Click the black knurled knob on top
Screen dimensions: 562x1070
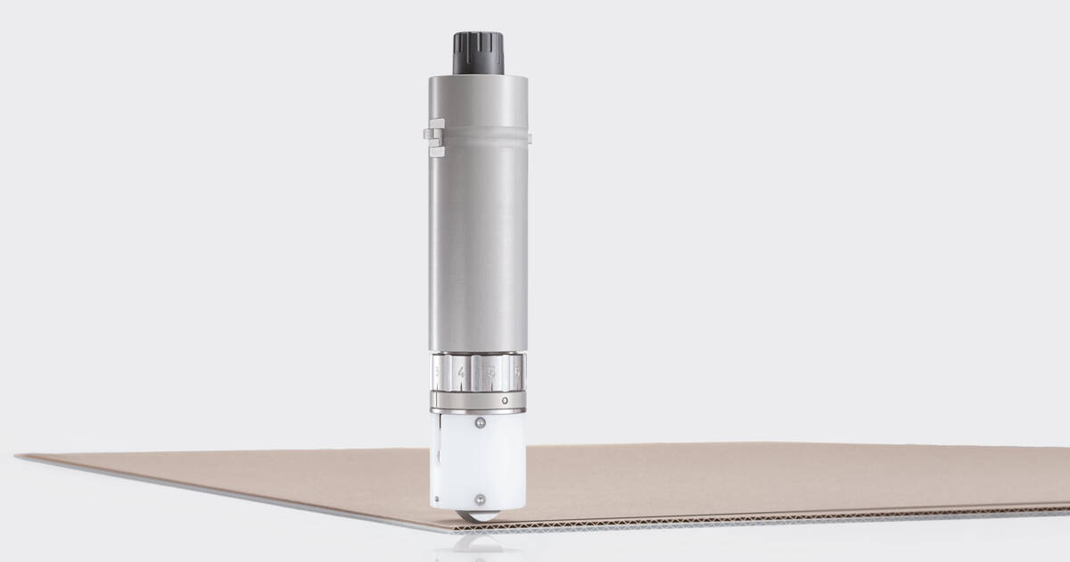[478, 54]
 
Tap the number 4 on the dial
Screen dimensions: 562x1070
[461, 372]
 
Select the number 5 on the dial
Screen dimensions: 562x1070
[490, 372]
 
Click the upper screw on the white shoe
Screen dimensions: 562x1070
[479, 424]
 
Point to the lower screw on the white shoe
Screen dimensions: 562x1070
[479, 499]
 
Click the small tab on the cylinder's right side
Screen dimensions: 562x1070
[529, 137]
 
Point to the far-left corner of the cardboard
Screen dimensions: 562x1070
[20, 458]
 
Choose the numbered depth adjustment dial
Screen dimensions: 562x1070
[478, 372]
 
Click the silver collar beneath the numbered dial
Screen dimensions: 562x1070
[478, 401]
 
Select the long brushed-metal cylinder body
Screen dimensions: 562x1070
[478, 241]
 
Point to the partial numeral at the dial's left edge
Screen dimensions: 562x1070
[438, 372]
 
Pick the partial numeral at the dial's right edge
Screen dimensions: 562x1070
[518, 372]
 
